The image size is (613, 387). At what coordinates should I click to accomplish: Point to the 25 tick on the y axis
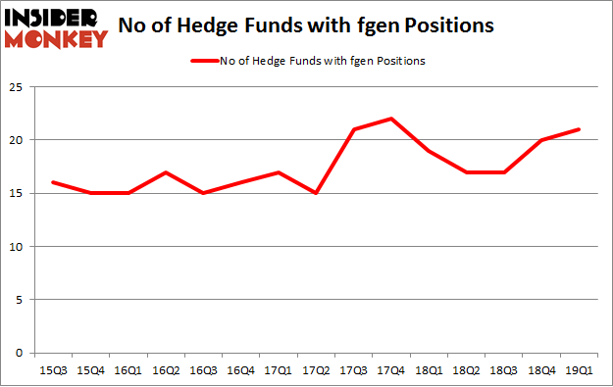coord(18,87)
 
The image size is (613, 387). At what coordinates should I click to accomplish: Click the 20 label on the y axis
coord(18,140)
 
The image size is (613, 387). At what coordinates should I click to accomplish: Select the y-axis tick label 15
coord(18,193)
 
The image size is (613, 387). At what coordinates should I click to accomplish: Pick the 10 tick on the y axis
coord(18,247)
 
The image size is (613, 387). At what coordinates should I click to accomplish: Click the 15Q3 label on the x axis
coord(52,369)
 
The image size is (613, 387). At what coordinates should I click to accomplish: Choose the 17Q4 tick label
coord(391,369)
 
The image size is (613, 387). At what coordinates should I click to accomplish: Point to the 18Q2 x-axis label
coord(467,369)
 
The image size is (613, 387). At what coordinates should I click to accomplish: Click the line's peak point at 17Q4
coord(391,119)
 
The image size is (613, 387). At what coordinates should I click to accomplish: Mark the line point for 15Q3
coord(52,182)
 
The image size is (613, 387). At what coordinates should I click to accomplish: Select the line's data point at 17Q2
coord(316,193)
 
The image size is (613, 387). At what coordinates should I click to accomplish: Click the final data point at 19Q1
coord(580,129)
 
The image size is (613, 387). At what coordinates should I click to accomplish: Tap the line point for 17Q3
coord(354,129)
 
